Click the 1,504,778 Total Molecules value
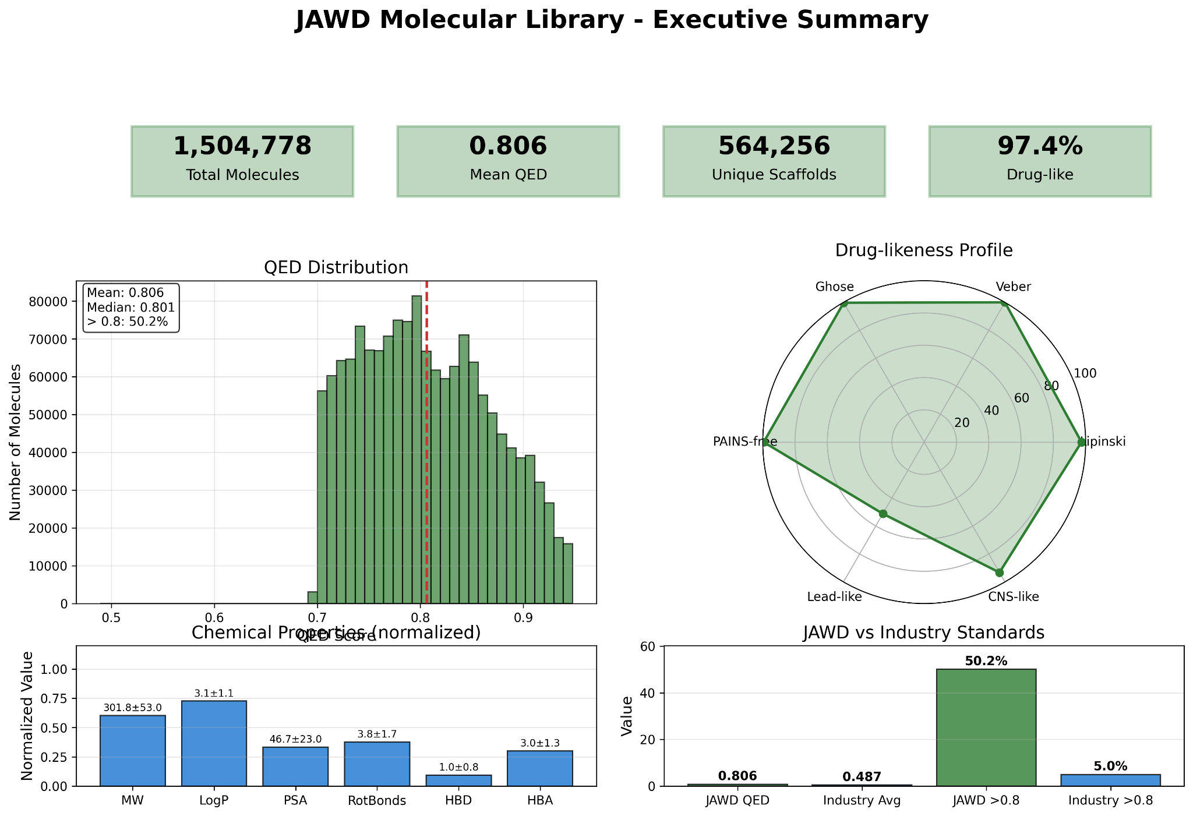[x=242, y=146]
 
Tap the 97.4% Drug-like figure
[x=1040, y=146]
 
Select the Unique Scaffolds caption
[x=774, y=175]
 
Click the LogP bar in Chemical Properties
[x=214, y=743]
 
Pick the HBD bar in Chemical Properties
[x=458, y=780]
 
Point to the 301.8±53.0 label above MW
[x=133, y=708]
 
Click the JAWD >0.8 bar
[x=986, y=727]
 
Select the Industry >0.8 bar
[x=1110, y=780]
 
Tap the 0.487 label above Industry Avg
[x=862, y=776]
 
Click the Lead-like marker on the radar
[x=883, y=513]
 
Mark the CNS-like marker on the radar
[x=999, y=573]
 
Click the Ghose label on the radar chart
[x=834, y=287]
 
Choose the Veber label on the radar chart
[x=1013, y=287]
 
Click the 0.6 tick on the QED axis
[x=214, y=617]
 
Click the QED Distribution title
[x=336, y=267]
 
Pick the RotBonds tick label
[x=377, y=800]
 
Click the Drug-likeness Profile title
[x=924, y=250]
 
